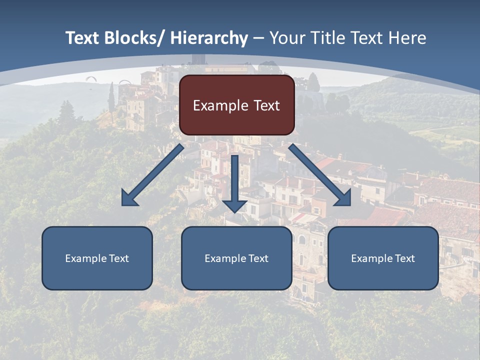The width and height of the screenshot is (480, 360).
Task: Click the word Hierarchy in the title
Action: pos(209,38)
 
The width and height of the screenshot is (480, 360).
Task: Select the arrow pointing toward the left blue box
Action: pos(152,175)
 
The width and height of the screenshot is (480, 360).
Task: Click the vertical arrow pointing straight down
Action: pos(234,180)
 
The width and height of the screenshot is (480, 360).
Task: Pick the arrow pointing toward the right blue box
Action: pos(320,175)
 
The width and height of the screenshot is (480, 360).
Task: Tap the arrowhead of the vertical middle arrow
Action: pos(234,205)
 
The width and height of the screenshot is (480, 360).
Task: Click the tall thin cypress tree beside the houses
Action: pos(111,97)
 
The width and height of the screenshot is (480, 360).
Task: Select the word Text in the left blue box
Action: pos(119,258)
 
